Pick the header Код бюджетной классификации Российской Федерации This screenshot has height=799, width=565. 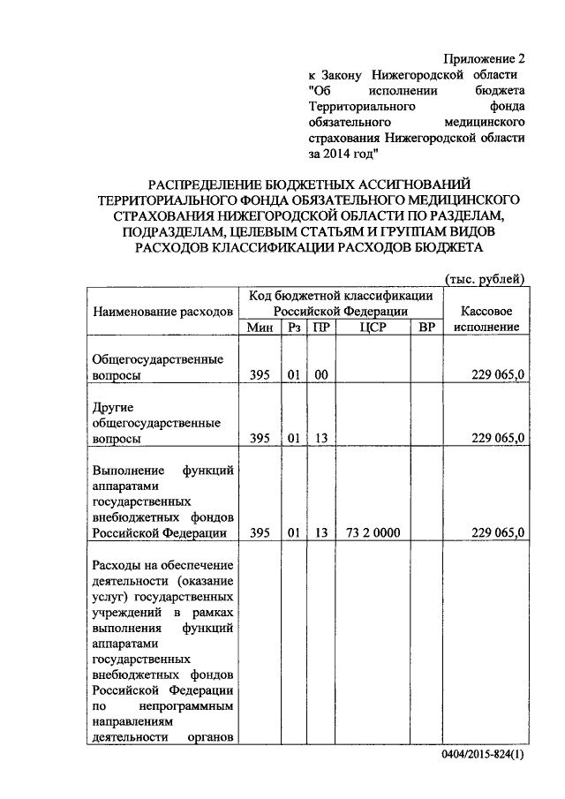(340, 303)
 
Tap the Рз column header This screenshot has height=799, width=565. (293, 327)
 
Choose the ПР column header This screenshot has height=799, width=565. (321, 327)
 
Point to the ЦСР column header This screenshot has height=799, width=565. (373, 327)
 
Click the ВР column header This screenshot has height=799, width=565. (426, 327)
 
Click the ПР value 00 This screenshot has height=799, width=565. (321, 375)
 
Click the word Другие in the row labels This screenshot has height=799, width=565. (113, 406)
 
